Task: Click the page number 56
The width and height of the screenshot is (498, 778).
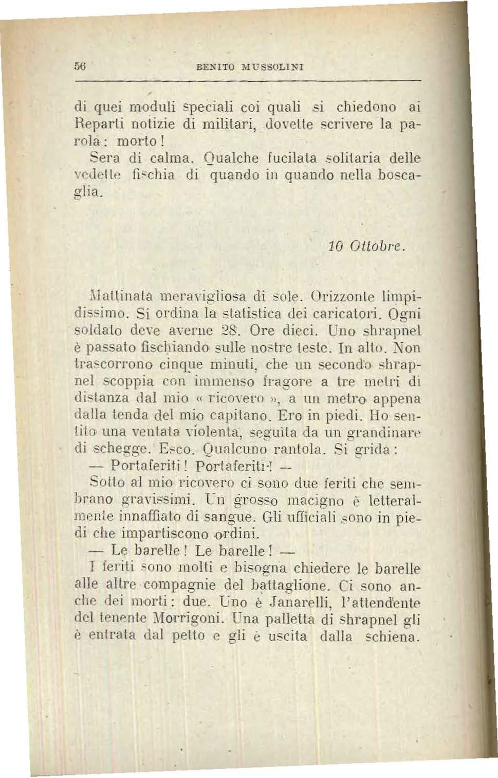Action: click(x=79, y=66)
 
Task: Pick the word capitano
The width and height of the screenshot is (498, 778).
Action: click(x=244, y=415)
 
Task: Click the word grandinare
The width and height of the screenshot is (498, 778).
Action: click(x=388, y=432)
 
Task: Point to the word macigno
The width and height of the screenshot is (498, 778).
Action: click(x=310, y=500)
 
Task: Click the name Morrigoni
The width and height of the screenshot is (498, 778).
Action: click(x=199, y=619)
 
